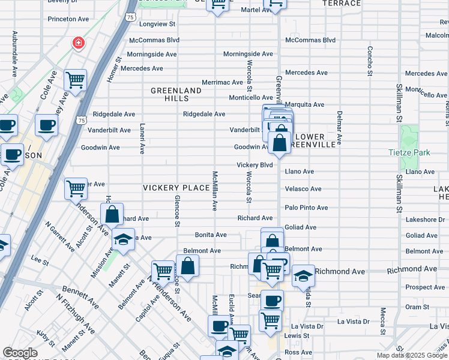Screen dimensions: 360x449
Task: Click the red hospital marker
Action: (77, 43)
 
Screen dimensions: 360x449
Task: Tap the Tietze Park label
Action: (409, 152)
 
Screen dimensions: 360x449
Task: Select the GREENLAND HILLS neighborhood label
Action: (176, 94)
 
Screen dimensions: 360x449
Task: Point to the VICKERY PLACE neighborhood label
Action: (176, 188)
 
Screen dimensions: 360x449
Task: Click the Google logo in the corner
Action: (20, 353)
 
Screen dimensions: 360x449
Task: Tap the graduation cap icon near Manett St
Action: (124, 239)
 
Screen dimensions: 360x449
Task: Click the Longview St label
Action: (157, 25)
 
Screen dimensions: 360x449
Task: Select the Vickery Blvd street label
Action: (255, 165)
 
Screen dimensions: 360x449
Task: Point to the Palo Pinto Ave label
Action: (306, 208)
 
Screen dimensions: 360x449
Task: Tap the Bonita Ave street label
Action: (211, 235)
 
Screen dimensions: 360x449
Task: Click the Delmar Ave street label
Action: (339, 128)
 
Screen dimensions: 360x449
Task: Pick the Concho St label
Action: (370, 57)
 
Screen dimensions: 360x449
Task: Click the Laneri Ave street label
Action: (142, 139)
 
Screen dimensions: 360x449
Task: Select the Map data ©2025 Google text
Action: (412, 355)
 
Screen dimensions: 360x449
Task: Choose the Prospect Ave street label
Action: (425, 287)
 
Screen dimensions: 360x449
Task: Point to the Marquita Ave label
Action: (304, 104)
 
